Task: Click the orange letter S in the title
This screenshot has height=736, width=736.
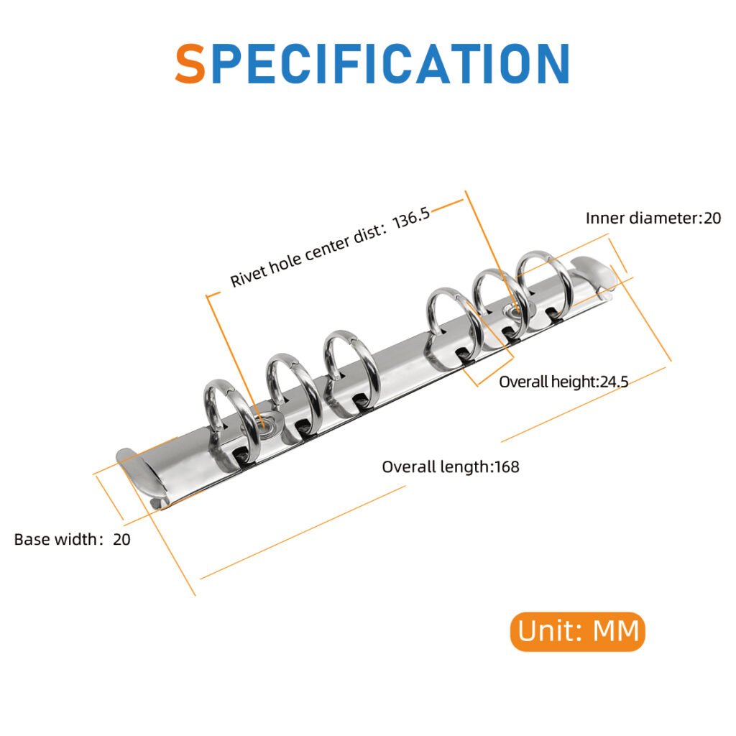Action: pos(190,63)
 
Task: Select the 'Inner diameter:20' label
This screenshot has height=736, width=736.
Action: pos(653,218)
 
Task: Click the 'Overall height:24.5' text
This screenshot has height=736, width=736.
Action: pos(563,382)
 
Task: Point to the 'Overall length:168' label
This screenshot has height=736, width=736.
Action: pos(451,467)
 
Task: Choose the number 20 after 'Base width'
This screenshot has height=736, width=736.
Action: pos(121,539)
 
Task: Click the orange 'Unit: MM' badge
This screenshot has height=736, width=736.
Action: pos(578,631)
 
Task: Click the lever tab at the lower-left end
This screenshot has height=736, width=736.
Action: pos(141,474)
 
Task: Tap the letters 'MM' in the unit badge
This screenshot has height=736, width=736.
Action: pos(616,631)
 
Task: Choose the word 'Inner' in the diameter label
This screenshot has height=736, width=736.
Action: pos(605,218)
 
